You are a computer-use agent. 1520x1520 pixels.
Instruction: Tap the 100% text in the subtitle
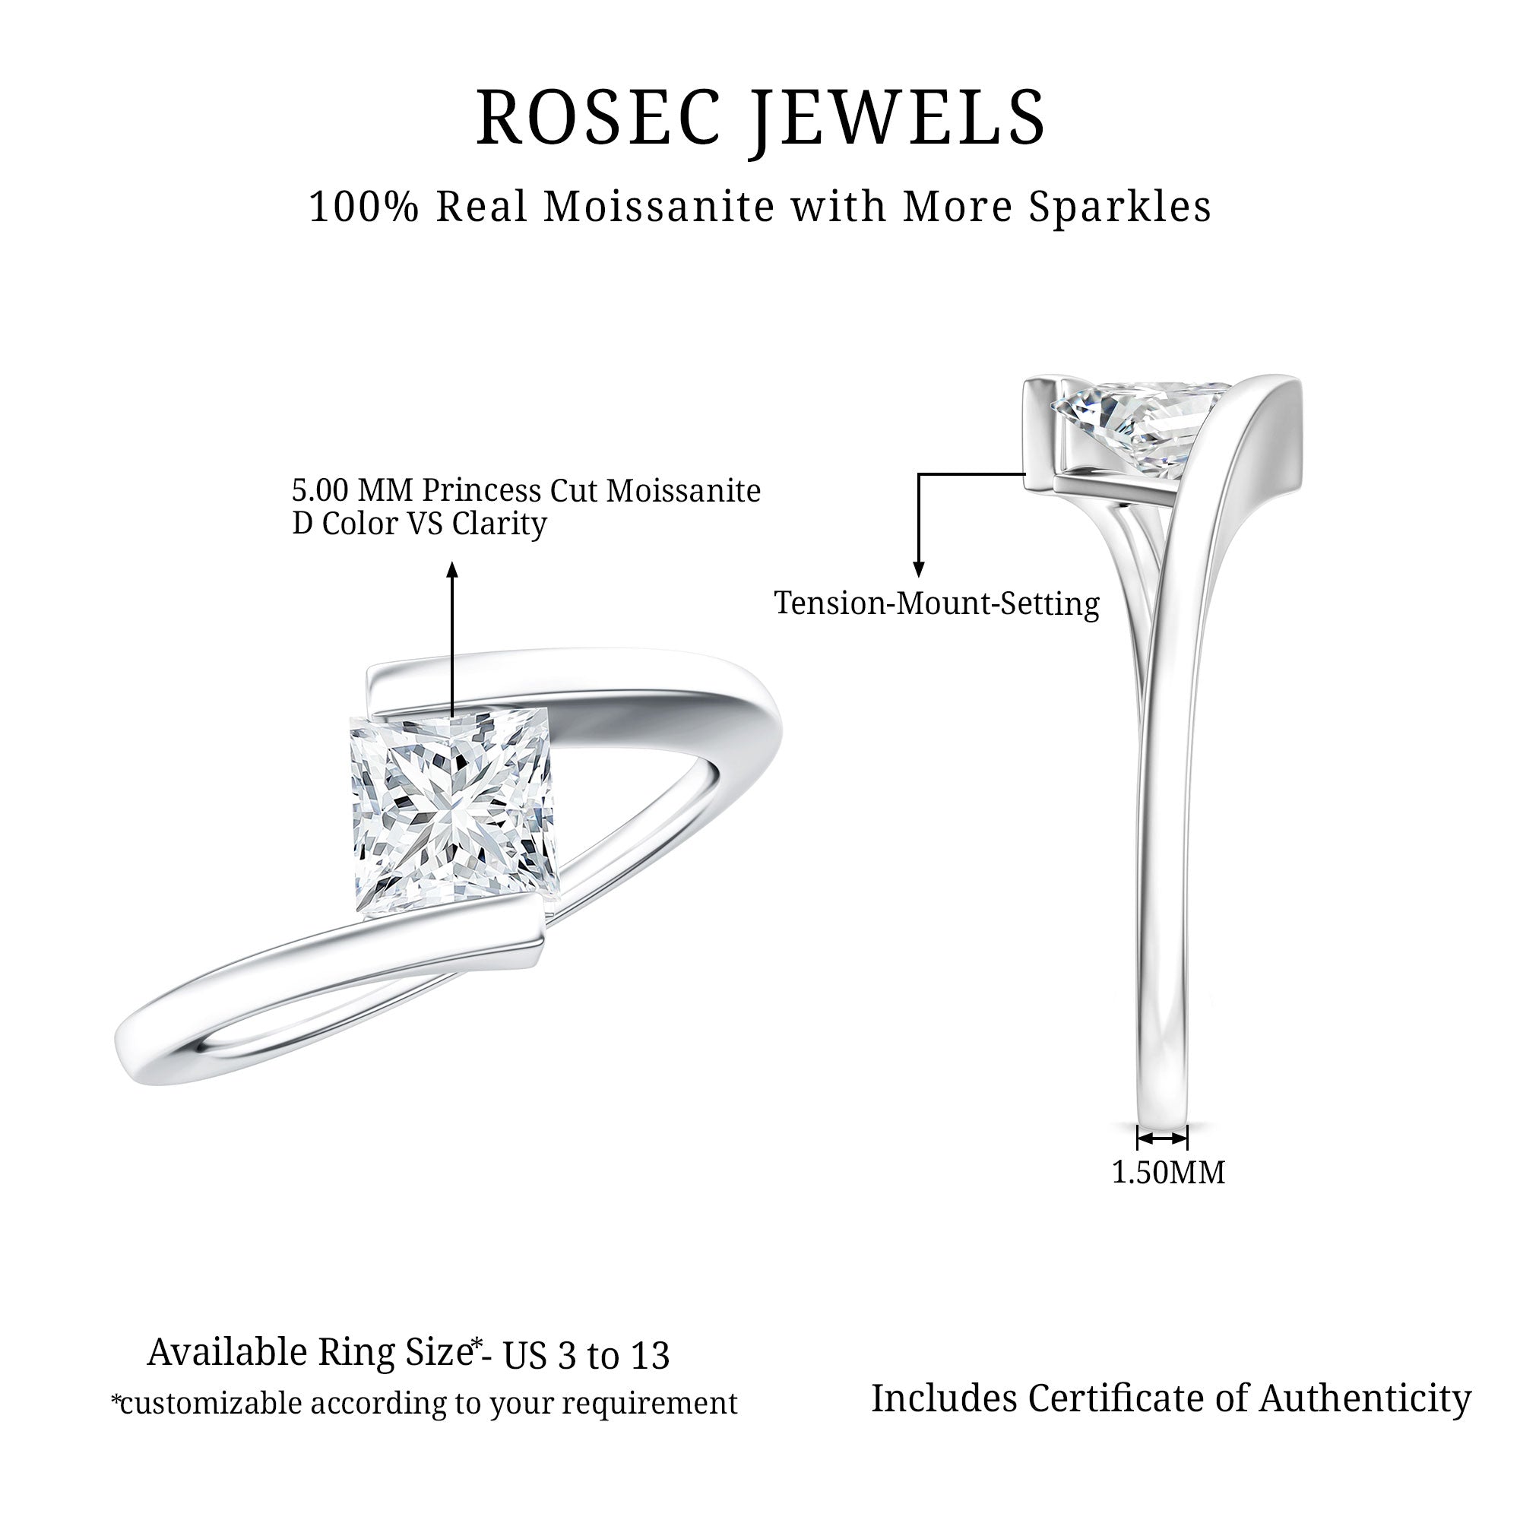[x=363, y=207]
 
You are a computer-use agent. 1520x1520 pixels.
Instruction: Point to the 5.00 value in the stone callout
[x=320, y=491]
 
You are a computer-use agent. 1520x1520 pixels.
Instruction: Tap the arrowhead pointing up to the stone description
[x=451, y=568]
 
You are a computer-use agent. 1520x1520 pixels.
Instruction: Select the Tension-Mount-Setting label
[x=936, y=604]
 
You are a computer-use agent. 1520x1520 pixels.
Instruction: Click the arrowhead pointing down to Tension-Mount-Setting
[x=918, y=569]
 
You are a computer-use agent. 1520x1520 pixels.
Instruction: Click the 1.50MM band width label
[x=1167, y=1171]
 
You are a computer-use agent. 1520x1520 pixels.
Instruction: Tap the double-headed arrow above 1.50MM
[x=1162, y=1138]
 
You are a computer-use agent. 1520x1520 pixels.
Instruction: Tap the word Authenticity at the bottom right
[x=1365, y=1400]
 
